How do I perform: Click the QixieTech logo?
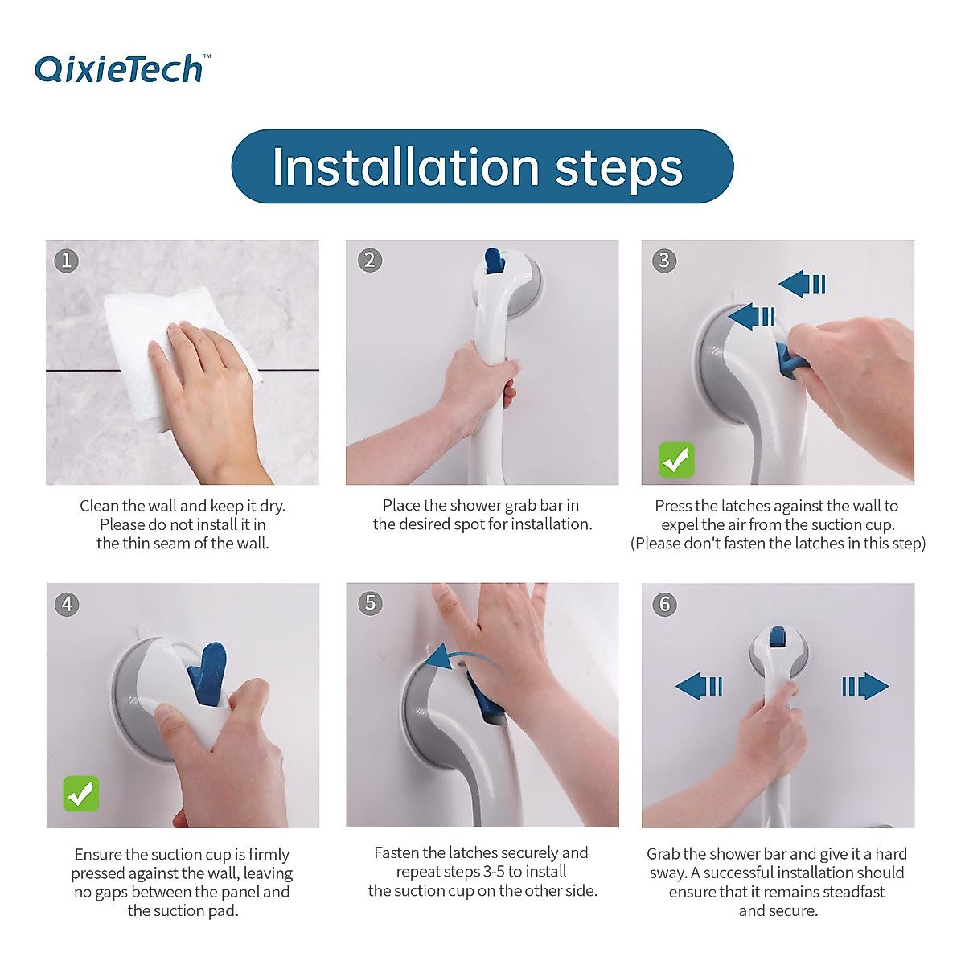click(123, 68)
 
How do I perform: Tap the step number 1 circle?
click(67, 261)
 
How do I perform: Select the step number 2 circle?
click(370, 261)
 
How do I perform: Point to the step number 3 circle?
click(664, 261)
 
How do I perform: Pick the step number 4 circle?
click(67, 604)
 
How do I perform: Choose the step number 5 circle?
click(371, 603)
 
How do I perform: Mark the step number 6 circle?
click(665, 604)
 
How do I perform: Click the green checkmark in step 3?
click(676, 460)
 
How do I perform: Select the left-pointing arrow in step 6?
click(699, 686)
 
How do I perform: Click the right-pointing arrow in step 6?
click(865, 686)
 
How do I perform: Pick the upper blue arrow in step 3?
click(803, 284)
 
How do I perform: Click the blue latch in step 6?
click(777, 636)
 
